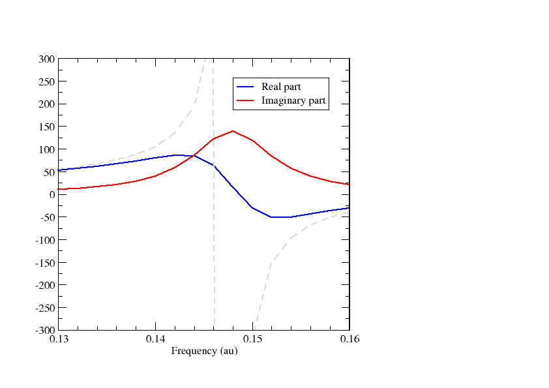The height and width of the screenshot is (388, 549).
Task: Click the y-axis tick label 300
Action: pyautogui.click(x=47, y=59)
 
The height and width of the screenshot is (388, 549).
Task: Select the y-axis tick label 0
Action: pyautogui.click(x=52, y=195)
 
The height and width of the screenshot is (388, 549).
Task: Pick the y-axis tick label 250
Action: pyautogui.click(x=47, y=82)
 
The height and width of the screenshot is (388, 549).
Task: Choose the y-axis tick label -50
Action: pyautogui.click(x=48, y=218)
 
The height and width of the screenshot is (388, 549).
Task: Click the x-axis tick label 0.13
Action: pyautogui.click(x=58, y=340)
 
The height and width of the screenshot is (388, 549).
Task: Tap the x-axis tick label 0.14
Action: pyautogui.click(x=155, y=340)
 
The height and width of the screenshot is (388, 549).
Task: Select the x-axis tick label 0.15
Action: pyautogui.click(x=252, y=340)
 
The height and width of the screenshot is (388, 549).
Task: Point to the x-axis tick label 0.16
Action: pyautogui.click(x=349, y=340)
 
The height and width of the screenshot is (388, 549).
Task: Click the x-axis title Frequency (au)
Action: pyautogui.click(x=204, y=351)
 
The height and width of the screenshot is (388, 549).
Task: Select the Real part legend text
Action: pyautogui.click(x=281, y=87)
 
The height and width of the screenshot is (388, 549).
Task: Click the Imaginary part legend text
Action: pyautogui.click(x=293, y=101)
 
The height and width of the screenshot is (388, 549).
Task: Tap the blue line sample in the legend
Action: pyautogui.click(x=246, y=87)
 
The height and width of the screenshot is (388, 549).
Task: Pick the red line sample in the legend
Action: pyautogui.click(x=246, y=101)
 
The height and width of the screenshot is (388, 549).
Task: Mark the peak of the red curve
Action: pyautogui.click(x=233, y=131)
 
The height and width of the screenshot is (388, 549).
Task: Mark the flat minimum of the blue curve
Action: pyautogui.click(x=281, y=216)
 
